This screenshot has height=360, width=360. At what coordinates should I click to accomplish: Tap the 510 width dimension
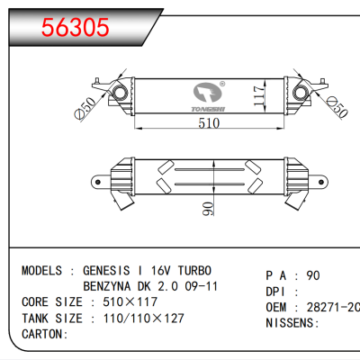point(209,124)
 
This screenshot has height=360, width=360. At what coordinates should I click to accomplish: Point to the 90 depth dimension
point(209,210)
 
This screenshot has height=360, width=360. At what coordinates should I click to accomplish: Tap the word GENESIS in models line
point(107,270)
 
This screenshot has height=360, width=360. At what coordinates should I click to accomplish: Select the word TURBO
point(194,270)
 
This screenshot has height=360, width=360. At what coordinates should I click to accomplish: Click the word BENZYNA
point(111,285)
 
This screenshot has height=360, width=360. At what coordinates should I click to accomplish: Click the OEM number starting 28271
point(334,308)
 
